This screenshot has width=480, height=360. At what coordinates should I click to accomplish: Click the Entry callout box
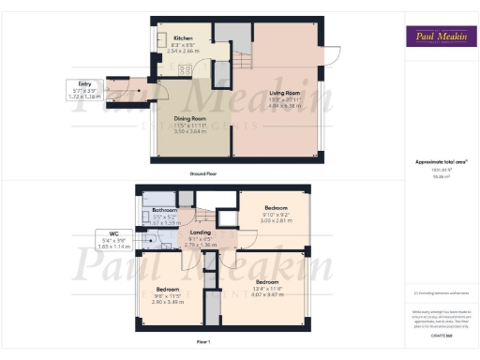click(84, 90)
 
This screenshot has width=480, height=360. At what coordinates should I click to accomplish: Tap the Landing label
click(200, 232)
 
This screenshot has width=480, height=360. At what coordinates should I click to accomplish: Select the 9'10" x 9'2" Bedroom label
click(276, 207)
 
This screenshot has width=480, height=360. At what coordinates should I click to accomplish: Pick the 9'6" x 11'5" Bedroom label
click(170, 290)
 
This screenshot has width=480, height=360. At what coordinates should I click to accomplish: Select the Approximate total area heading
click(440, 161)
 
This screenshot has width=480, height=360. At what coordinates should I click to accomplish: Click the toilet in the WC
click(148, 241)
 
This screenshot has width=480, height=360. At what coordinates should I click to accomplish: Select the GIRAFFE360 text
click(440, 335)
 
